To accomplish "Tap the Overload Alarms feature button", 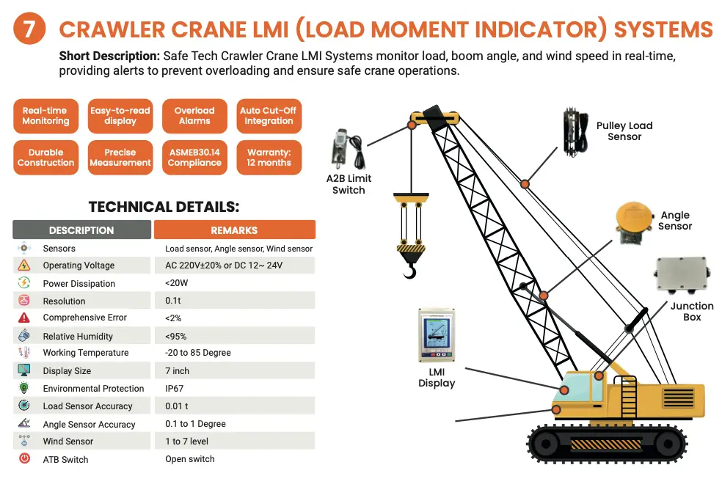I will (194, 116).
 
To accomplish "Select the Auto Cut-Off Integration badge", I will (269, 116).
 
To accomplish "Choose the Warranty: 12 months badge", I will (269, 158).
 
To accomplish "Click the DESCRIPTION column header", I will (81, 230).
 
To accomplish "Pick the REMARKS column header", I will (234, 230).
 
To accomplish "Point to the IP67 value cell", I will (175, 389).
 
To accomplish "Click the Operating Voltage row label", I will (79, 266).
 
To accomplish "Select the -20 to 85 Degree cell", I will (198, 353).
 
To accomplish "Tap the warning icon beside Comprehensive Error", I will (24, 318).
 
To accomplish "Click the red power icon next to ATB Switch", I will (24, 459).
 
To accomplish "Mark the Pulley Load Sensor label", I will (624, 131).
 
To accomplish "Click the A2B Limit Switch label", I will (349, 184).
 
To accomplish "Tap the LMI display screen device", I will (436, 334).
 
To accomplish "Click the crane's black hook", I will (410, 272).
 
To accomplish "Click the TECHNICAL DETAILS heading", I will (164, 208).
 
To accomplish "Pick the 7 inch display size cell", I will (177, 371).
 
